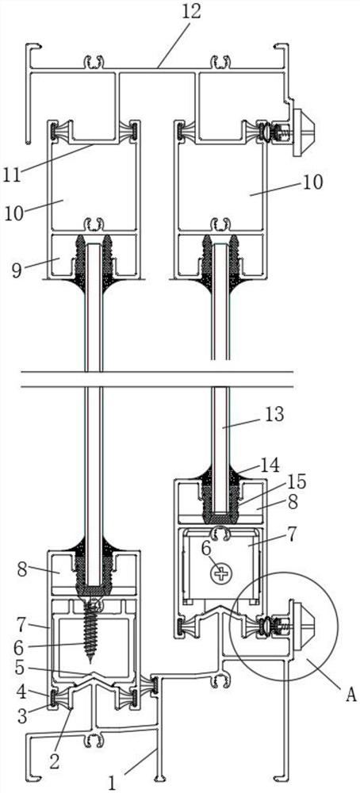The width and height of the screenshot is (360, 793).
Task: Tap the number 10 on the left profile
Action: pyautogui.click(x=14, y=213)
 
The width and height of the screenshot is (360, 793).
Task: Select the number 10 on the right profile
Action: pyautogui.click(x=312, y=182)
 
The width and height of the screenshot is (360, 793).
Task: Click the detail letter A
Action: pyautogui.click(x=351, y=695)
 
